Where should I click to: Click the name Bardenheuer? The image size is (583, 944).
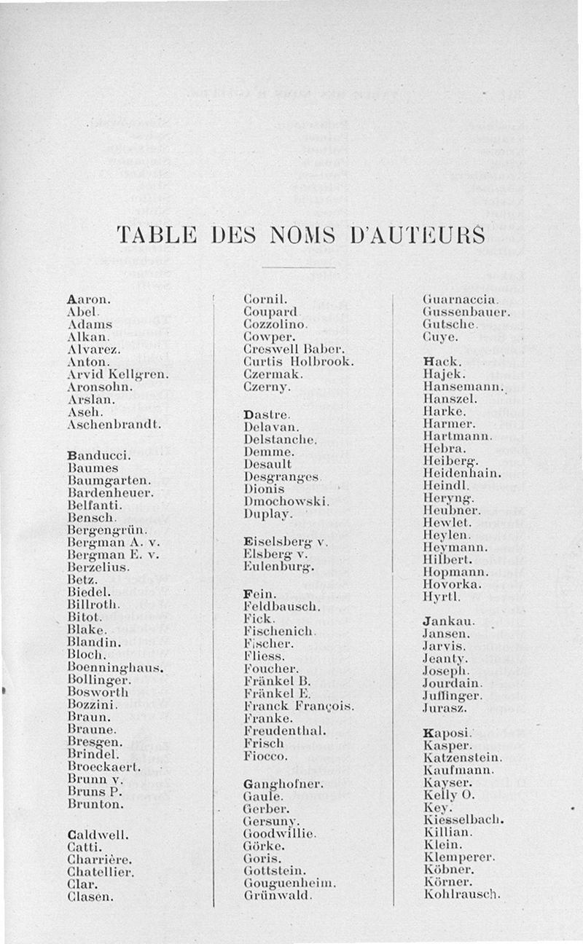coord(110,492)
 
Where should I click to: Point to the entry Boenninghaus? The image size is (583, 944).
coord(114,666)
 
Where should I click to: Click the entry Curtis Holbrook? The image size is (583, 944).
coord(298,361)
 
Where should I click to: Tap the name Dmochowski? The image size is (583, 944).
coord(286,501)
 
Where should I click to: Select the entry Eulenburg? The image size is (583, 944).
coord(278,566)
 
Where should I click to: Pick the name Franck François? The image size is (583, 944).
coord(299,706)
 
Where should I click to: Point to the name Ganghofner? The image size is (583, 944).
coord(283,784)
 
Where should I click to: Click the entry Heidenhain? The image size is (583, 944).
coord(462,473)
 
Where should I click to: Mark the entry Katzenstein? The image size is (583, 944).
coord(462,758)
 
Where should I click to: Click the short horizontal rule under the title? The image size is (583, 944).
coord(287,267)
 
